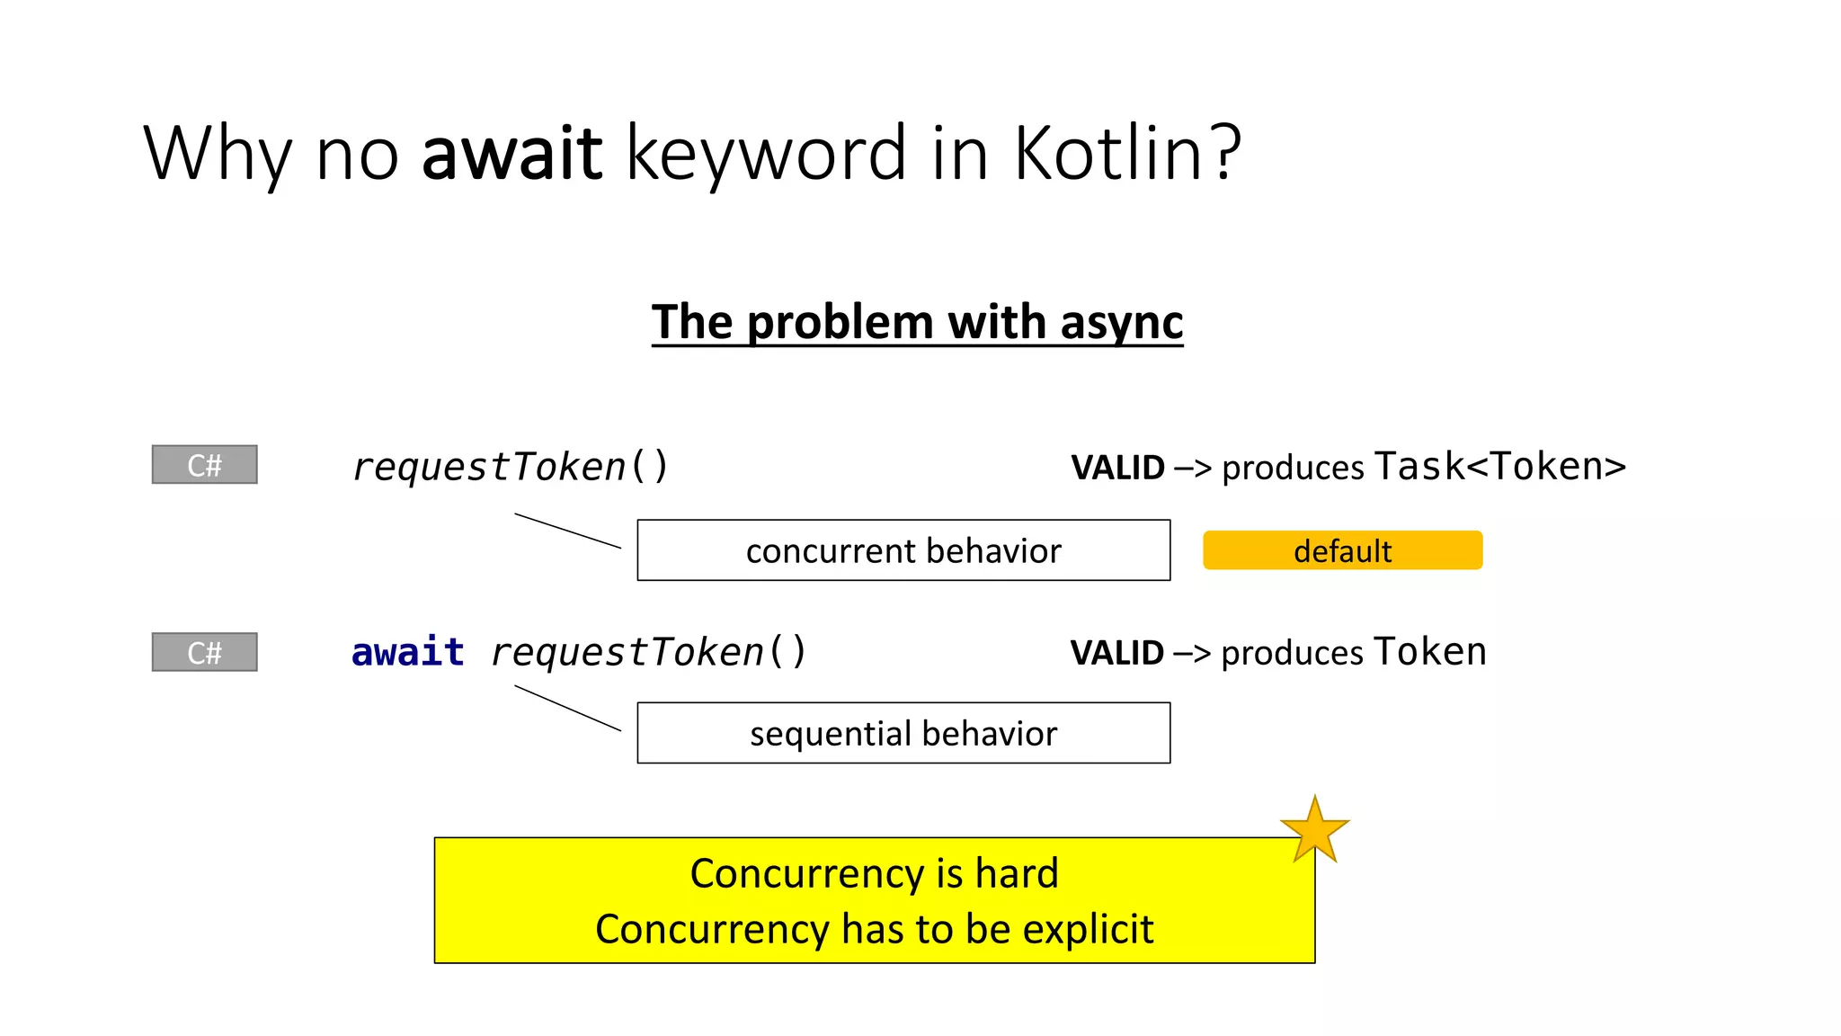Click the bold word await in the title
point(511,153)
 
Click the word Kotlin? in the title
point(1127,153)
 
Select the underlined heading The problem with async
point(917,322)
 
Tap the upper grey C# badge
point(205,465)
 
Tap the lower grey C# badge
point(205,652)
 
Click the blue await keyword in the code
point(407,652)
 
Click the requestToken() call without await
point(510,467)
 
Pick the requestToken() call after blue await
point(648,652)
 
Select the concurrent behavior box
point(903,550)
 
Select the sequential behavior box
point(903,733)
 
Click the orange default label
point(1342,550)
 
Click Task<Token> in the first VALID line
point(1500,466)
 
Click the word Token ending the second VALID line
point(1429,651)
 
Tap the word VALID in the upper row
point(1117,468)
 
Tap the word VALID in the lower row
point(1116,653)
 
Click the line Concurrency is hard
point(874,873)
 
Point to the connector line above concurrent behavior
point(567,531)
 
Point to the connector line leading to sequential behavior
point(567,708)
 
